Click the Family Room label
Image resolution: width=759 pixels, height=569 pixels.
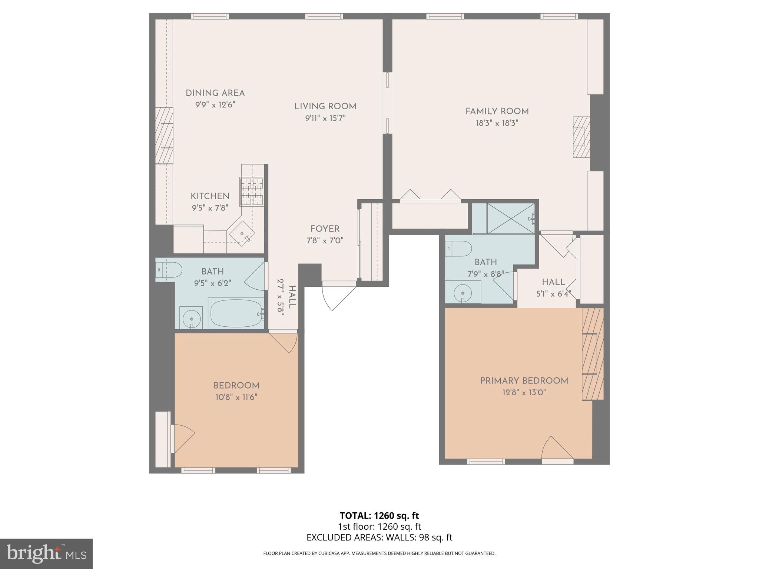click(x=497, y=111)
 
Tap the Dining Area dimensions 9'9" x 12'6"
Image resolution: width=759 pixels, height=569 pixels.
click(x=215, y=105)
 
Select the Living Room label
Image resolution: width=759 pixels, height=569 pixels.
click(x=325, y=107)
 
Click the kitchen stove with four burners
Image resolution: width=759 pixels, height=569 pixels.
click(x=252, y=192)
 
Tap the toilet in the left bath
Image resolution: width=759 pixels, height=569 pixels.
click(x=169, y=269)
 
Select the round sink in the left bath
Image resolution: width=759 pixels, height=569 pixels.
click(x=191, y=318)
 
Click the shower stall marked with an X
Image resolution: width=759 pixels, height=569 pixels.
click(x=510, y=219)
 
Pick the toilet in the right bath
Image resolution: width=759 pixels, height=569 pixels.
click(x=458, y=249)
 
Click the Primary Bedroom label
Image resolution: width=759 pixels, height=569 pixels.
click(x=524, y=381)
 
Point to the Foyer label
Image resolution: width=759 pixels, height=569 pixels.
click(x=325, y=229)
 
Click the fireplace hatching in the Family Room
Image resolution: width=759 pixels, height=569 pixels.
click(x=581, y=137)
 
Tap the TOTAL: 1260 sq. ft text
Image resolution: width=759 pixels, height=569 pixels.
click(x=379, y=516)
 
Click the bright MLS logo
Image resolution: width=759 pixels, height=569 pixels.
click(x=46, y=554)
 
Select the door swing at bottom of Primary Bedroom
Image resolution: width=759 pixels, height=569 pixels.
click(x=556, y=449)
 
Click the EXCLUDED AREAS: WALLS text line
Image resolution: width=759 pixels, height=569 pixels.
click(x=379, y=538)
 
